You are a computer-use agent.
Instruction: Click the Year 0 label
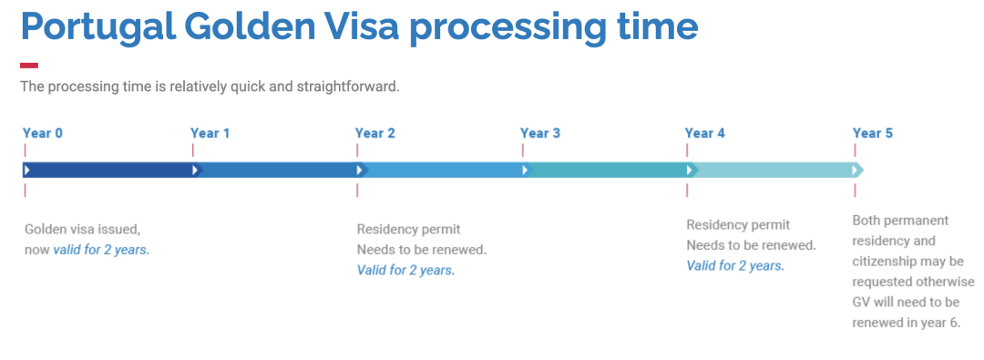pos(43,133)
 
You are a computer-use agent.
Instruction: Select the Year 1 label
pos(210,133)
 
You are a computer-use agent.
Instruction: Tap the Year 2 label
pos(375,133)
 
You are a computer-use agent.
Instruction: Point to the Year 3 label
pos(540,133)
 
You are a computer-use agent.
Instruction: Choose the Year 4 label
pos(704,133)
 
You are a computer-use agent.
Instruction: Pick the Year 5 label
pos(872,133)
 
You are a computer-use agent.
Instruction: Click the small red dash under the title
pos(29,66)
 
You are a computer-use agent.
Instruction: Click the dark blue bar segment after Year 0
pos(108,170)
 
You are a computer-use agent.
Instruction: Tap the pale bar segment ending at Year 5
pos(775,170)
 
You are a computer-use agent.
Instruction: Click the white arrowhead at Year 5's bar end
pos(855,170)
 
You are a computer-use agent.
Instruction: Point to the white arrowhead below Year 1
pos(195,170)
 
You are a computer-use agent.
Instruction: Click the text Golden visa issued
pos(82,229)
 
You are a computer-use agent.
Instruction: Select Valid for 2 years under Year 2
pos(406,270)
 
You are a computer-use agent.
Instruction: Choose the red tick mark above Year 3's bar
pos(522,150)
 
